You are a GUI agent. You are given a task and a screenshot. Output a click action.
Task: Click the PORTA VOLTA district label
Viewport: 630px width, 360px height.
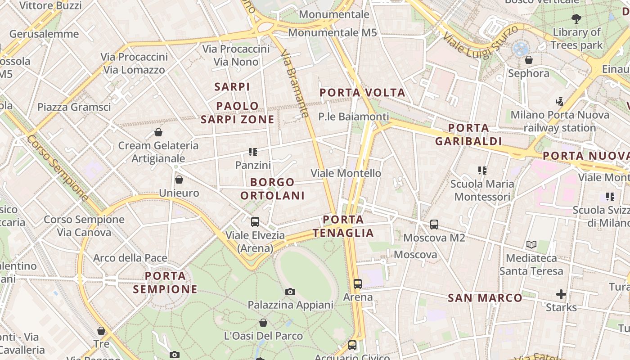coord(362,93)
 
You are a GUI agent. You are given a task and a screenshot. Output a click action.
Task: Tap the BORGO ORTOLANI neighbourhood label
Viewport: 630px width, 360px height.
coord(272,189)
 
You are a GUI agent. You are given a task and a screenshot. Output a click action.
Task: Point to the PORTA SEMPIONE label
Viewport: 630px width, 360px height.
coord(165,283)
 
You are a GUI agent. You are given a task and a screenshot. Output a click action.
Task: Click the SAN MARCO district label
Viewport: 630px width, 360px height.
coord(485,298)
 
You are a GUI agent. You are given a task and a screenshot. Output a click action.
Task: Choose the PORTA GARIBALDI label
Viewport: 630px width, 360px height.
coord(468,135)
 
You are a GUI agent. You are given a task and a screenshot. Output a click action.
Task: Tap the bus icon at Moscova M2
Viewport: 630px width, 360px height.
coord(434,224)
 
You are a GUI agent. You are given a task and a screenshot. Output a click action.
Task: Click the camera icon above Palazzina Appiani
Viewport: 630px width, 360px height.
coord(290,292)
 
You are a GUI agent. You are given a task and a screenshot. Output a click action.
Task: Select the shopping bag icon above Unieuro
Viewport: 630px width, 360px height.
coord(179,180)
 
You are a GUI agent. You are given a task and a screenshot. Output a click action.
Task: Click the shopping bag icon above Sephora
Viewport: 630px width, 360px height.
coord(529,60)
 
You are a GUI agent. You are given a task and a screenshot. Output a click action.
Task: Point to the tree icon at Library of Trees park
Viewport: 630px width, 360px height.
coord(576,18)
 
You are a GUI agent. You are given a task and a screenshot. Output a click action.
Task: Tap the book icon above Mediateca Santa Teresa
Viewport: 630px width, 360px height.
coord(531,244)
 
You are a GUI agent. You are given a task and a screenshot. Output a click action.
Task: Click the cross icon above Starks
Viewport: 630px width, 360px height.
coord(561,294)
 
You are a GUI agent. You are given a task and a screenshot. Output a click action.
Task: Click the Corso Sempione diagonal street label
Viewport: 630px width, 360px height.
coord(57,167)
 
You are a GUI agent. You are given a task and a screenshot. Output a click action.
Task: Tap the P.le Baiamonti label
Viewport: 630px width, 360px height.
coord(353,117)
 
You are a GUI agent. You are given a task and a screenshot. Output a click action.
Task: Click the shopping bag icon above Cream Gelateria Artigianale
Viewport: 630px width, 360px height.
coord(158,132)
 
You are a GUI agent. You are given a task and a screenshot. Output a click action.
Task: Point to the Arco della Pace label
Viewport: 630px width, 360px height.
coord(130,258)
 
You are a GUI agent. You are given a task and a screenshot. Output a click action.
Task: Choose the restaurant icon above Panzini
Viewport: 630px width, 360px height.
coord(253,152)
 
